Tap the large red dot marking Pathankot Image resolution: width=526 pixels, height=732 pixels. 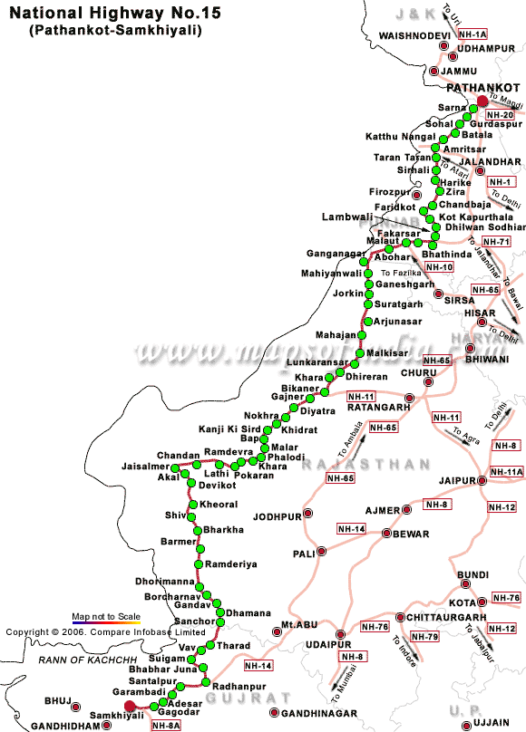(482, 101)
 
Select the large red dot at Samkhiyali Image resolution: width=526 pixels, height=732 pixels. (130, 706)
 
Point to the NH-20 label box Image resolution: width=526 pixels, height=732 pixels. (501, 116)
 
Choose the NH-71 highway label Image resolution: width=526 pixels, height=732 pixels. (496, 242)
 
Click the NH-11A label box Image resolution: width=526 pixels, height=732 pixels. (506, 472)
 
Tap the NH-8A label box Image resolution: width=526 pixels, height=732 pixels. (167, 725)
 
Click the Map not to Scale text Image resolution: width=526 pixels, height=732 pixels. (106, 616)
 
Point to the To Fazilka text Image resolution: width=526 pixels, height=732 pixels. (401, 272)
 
